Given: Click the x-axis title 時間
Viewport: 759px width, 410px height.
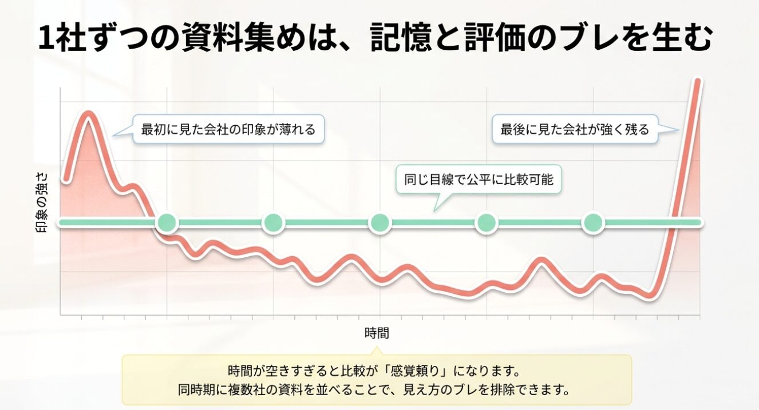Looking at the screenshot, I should (x=376, y=333).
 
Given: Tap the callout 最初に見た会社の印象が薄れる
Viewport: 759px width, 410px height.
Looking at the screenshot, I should (x=228, y=129).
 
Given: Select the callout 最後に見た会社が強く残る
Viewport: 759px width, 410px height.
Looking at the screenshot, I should (x=575, y=129).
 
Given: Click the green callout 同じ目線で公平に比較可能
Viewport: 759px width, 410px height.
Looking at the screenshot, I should (x=479, y=180).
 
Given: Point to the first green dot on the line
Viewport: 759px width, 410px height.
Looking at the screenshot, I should (x=167, y=222).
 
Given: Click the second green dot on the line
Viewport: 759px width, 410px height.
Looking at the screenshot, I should (x=274, y=222).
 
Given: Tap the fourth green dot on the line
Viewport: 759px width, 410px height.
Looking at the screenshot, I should (x=487, y=222).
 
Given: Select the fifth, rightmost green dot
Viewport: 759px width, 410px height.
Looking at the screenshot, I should (x=593, y=222).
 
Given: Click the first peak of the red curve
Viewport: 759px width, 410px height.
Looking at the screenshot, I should (x=89, y=114).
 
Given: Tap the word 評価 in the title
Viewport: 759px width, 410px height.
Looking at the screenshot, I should (x=503, y=38).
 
